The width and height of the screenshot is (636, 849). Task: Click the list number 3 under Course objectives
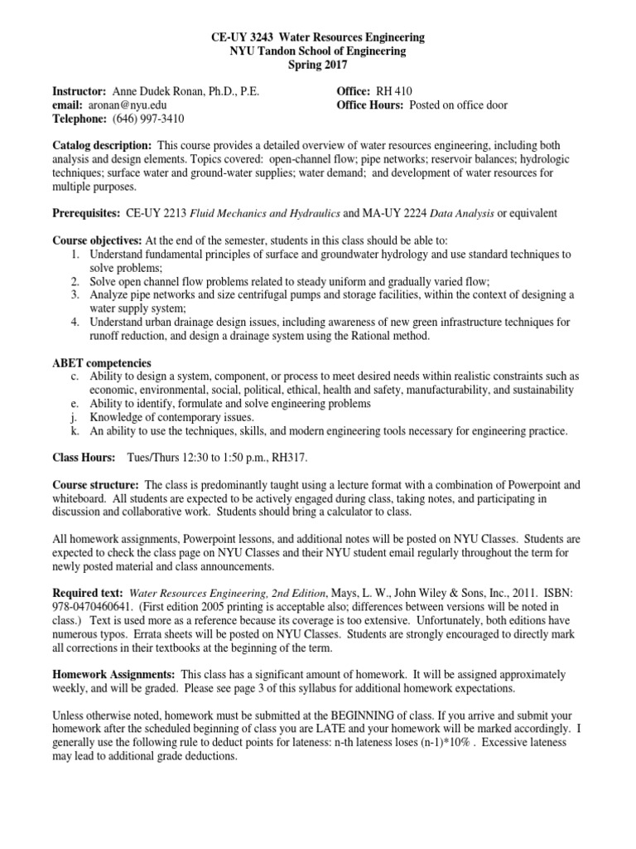pos(74,294)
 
